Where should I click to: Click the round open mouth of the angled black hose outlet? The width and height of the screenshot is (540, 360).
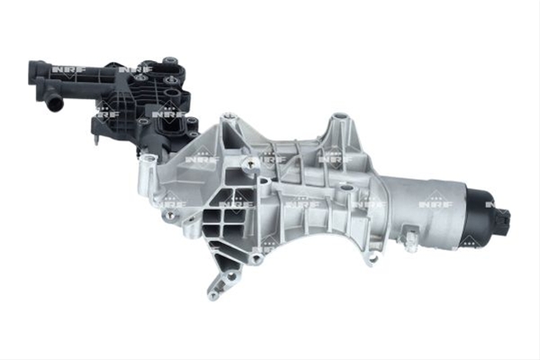tap(55, 103)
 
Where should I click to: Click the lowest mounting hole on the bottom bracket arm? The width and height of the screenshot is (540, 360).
tap(213, 295)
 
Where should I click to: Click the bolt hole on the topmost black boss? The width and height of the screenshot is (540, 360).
tap(169, 61)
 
